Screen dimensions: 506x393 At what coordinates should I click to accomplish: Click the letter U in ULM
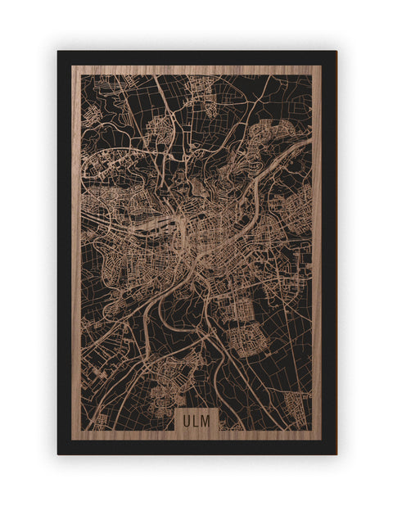click(187, 421)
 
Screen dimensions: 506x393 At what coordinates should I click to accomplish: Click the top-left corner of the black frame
click(58, 52)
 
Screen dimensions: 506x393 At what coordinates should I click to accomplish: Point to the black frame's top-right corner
click(336, 52)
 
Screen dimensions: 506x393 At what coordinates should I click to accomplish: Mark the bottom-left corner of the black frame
click(58, 454)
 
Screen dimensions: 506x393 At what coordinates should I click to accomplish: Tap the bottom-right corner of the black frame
click(336, 454)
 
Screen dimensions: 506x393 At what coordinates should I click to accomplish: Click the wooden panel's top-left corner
click(72, 66)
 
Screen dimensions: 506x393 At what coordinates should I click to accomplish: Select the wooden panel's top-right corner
click(321, 66)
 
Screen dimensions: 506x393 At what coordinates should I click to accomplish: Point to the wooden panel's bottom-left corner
click(72, 440)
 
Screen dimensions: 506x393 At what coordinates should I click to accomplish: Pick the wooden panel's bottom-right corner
click(321, 440)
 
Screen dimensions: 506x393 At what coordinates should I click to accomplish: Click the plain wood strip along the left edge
click(76, 246)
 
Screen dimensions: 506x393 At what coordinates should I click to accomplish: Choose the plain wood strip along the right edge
click(317, 246)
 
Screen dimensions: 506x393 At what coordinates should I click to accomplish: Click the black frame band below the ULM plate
click(196, 447)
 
